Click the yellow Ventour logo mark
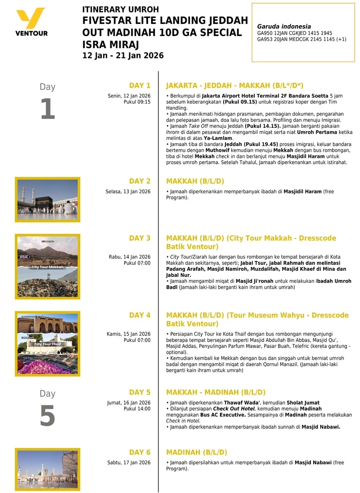(x=31, y=18)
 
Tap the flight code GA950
(x=265, y=33)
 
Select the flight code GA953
(x=265, y=39)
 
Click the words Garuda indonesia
(x=283, y=27)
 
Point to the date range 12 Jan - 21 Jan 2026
(x=123, y=56)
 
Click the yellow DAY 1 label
(x=139, y=86)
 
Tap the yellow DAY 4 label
(x=139, y=315)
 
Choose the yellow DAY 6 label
(x=139, y=452)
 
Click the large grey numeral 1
(x=47, y=109)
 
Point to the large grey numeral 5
(x=47, y=416)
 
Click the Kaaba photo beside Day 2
(x=47, y=199)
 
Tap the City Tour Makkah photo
(x=47, y=267)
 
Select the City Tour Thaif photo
(x=47, y=344)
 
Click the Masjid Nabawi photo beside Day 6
(x=47, y=469)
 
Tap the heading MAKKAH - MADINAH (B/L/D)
(x=216, y=392)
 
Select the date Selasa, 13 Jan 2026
(x=128, y=192)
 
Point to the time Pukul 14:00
(x=137, y=409)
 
